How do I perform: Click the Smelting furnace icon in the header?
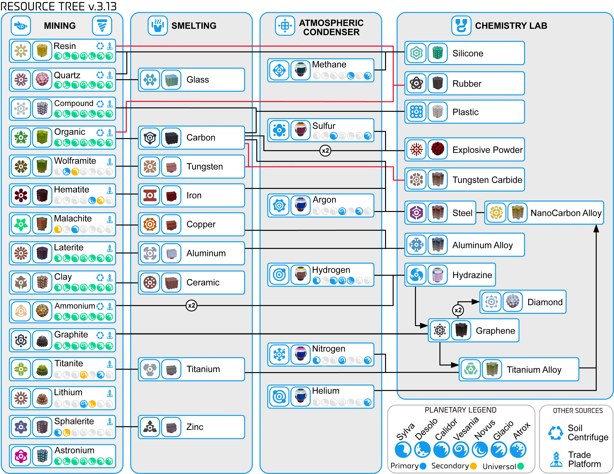click(x=158, y=26)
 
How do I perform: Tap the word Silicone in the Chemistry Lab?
click(x=468, y=53)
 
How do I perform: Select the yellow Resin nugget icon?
click(x=42, y=51)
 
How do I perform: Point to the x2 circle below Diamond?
click(x=458, y=310)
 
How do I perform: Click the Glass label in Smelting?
click(x=198, y=80)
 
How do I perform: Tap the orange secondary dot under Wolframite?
click(x=75, y=172)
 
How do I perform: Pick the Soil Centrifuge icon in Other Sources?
click(x=556, y=433)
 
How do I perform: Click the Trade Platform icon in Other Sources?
click(x=556, y=459)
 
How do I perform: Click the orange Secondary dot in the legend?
click(x=474, y=466)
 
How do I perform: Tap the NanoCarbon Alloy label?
click(x=566, y=213)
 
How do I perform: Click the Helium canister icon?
click(x=300, y=396)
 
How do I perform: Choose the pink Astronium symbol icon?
click(x=21, y=456)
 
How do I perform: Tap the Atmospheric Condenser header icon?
click(x=285, y=26)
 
